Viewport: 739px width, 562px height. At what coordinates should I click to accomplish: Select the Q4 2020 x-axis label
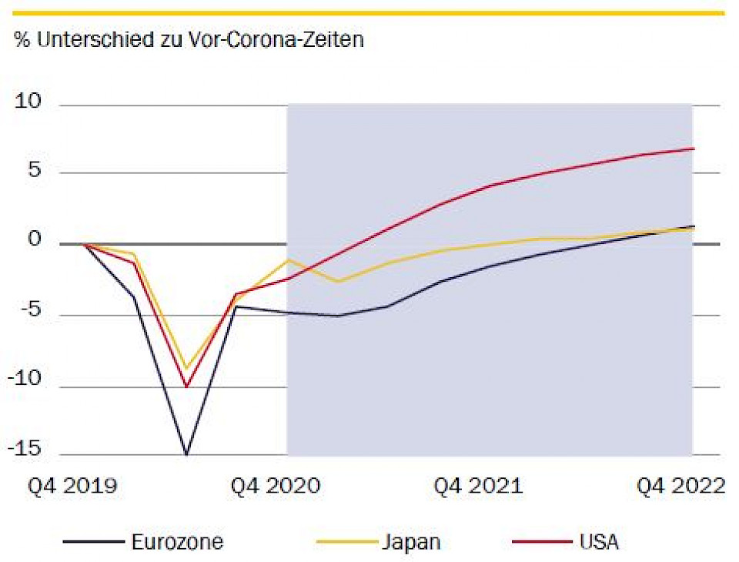pos(276,487)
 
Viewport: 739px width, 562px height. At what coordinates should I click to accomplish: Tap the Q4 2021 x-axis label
pos(478,487)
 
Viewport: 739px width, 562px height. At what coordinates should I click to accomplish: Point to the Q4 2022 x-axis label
pos(680,487)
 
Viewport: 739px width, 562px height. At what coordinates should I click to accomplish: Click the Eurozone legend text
pos(177,542)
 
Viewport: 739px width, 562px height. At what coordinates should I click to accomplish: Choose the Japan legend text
pos(411,542)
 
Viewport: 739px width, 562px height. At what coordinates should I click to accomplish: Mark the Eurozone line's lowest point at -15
pos(186,454)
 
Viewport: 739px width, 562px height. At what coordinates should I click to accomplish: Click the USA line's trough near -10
pos(186,386)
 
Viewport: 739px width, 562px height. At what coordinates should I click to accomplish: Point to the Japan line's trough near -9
pos(186,368)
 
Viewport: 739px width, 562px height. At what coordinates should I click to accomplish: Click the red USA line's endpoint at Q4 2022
pos(694,149)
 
